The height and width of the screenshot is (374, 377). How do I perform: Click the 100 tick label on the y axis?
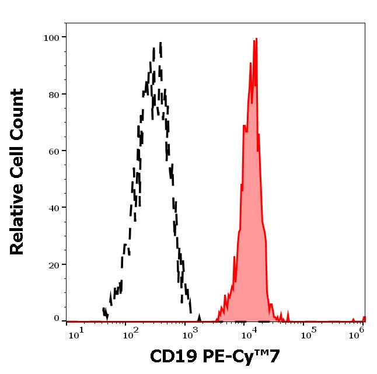tap(51, 37)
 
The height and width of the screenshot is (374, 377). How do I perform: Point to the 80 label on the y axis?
tap(54, 94)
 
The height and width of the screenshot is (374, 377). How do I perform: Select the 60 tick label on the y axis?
tap(54, 151)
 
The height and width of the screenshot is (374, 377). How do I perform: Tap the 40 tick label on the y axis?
tap(54, 207)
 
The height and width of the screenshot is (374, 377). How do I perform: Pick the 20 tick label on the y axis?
tap(54, 264)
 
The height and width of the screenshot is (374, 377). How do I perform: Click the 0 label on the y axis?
tap(57, 319)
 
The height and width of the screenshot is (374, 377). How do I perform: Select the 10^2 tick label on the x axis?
tap(132, 332)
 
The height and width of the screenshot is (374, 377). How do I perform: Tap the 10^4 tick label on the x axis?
tap(249, 332)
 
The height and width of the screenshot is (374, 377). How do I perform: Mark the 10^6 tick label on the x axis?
tap(359, 332)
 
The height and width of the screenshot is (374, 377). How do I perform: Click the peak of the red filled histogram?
tap(255, 40)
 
